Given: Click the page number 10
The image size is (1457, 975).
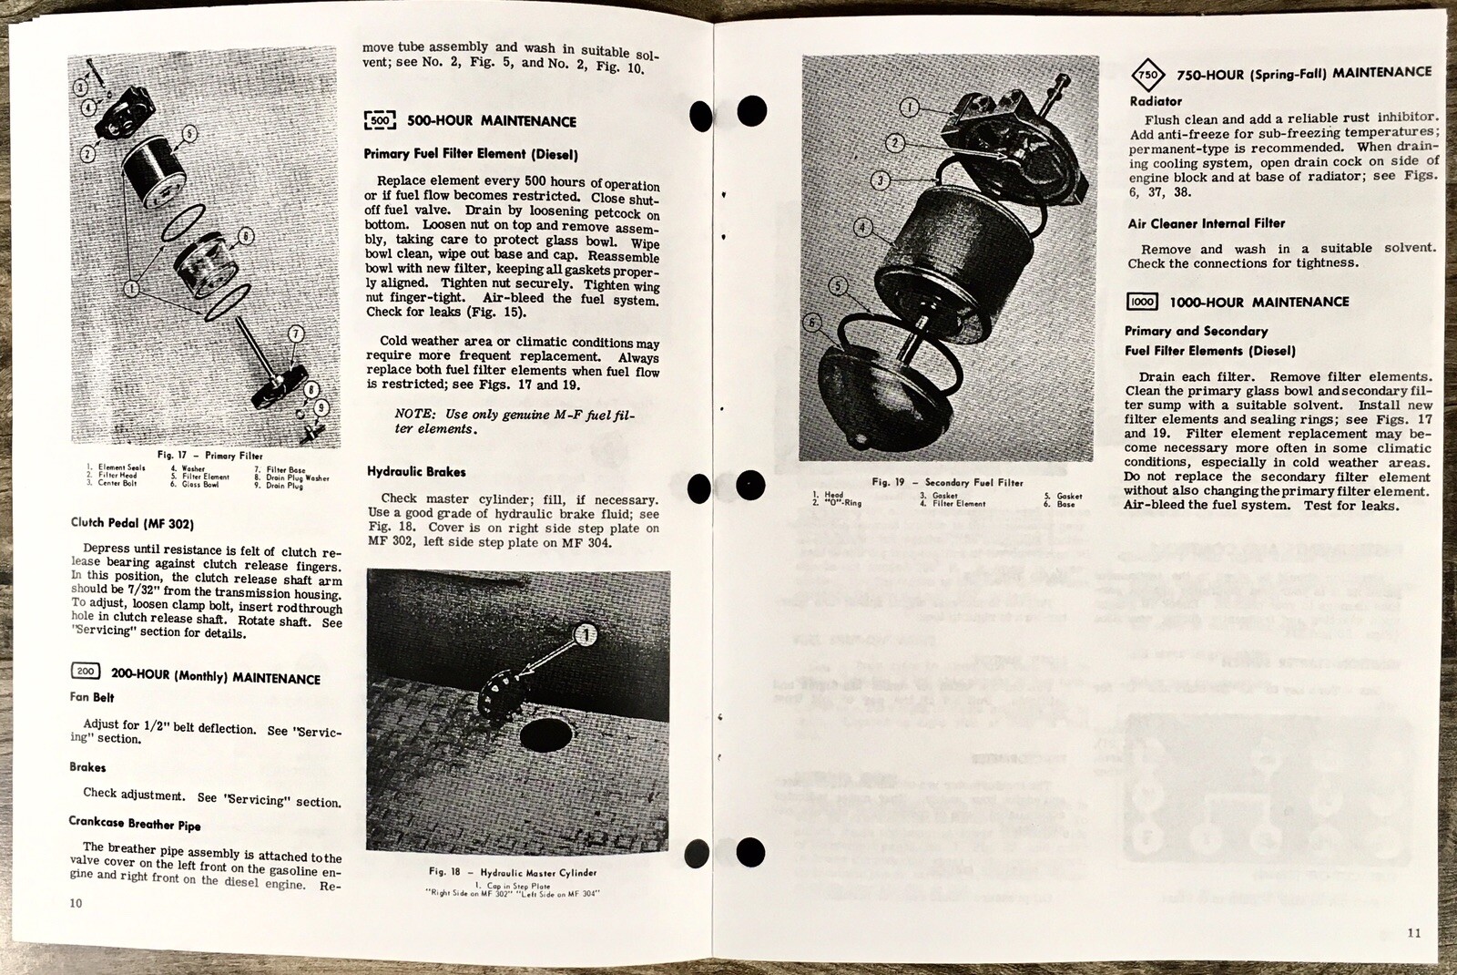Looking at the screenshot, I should click(x=75, y=903).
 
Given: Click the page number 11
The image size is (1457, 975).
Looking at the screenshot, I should click(x=1412, y=932).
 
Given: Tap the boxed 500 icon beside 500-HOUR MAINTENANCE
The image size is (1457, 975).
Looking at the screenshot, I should click(x=380, y=120).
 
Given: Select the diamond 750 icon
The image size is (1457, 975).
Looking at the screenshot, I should click(x=1149, y=75).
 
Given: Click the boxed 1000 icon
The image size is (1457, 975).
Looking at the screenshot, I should click(x=1141, y=302).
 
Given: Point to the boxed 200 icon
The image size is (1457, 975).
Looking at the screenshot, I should click(x=86, y=672).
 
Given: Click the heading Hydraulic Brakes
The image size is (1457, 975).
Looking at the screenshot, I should click(x=416, y=471).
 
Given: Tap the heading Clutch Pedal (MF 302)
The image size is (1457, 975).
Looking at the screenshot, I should click(x=132, y=523).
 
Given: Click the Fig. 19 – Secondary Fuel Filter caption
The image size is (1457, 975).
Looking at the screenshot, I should click(x=947, y=482).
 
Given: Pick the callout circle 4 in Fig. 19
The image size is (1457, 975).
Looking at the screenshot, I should click(x=863, y=227).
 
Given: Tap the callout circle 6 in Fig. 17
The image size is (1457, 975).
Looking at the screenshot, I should click(x=245, y=236).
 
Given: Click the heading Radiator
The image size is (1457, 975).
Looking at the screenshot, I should click(x=1156, y=101).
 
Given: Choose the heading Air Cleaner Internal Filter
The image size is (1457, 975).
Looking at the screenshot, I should click(x=1206, y=223).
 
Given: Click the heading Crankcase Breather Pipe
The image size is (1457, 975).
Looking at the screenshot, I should click(x=135, y=823).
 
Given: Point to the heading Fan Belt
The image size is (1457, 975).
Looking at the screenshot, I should click(x=93, y=698).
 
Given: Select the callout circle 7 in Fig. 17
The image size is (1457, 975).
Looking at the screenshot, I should click(x=295, y=334).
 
